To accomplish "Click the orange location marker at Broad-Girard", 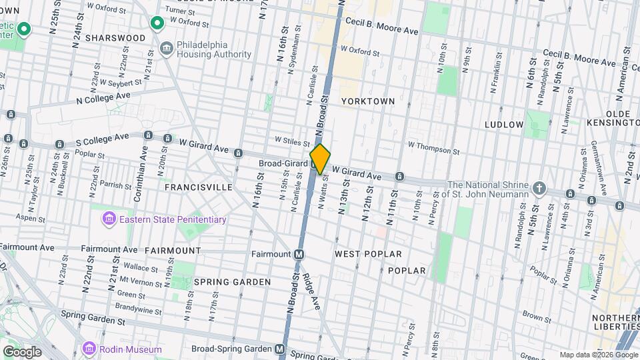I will click(x=320, y=159).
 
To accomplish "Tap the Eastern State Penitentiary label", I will click(x=171, y=219).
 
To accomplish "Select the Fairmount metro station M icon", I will click(x=299, y=254).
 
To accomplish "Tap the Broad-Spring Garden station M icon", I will click(x=281, y=349).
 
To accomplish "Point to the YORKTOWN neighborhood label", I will click(x=368, y=101).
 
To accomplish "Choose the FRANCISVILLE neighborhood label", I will click(x=199, y=187).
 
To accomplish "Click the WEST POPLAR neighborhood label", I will click(x=368, y=254).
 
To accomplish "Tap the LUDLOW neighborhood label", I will click(x=504, y=125).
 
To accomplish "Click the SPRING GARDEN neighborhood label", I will click(x=232, y=282).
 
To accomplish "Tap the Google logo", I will click(x=22, y=351).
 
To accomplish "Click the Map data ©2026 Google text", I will click(x=597, y=355).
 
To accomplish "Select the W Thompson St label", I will click(x=431, y=149).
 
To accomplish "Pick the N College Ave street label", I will click(x=103, y=98).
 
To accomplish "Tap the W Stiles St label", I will click(x=293, y=142).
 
